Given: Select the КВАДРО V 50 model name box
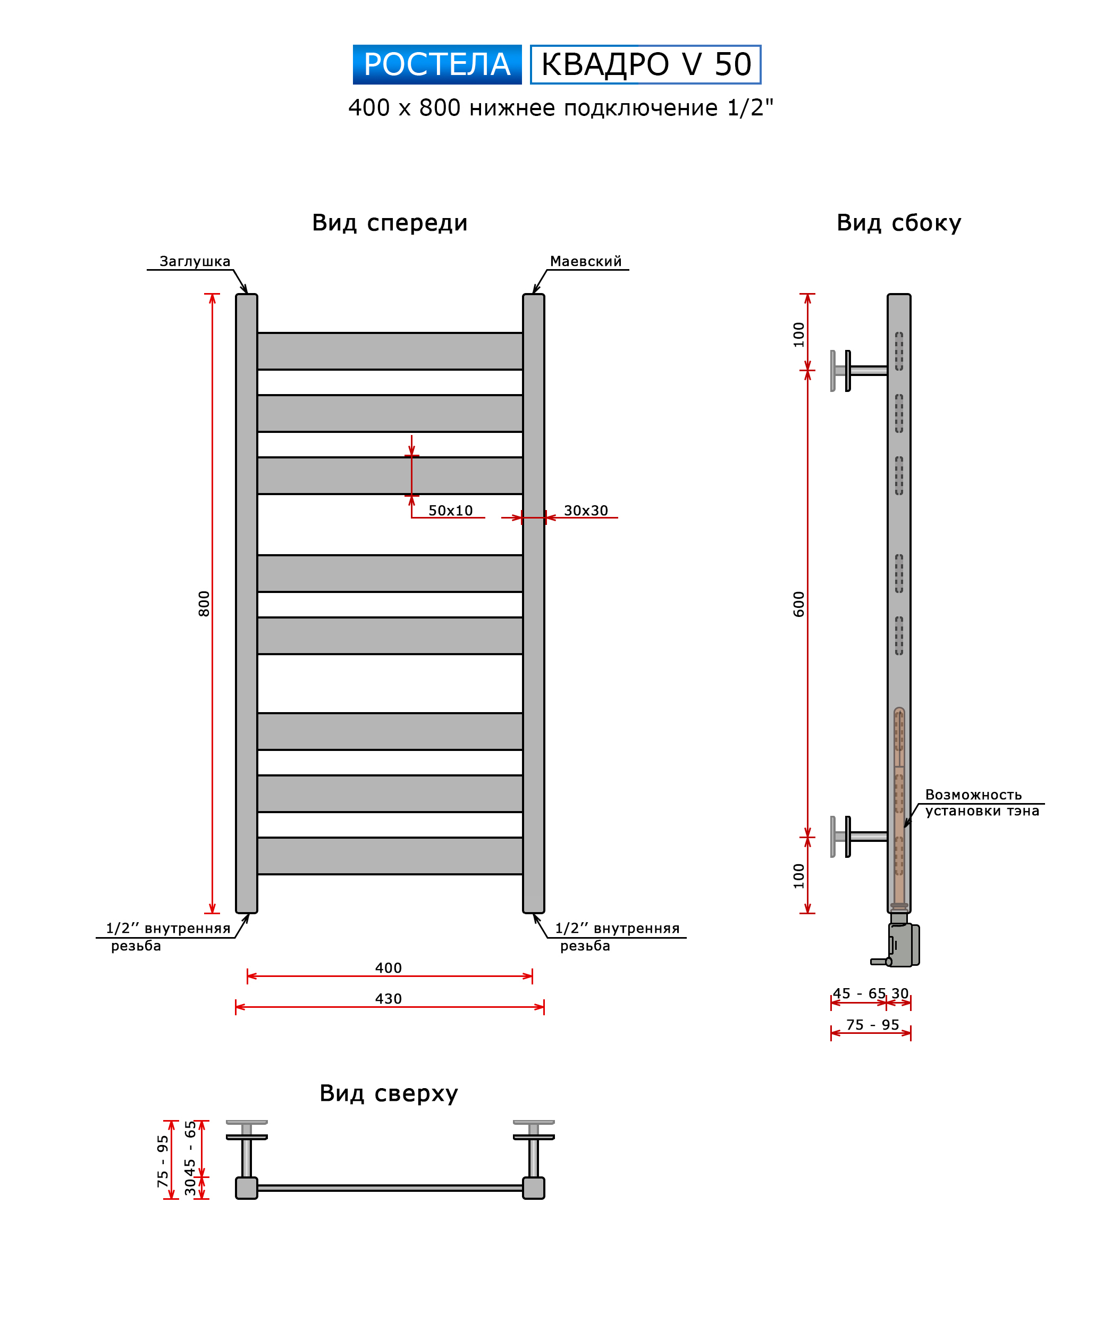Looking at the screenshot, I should (x=645, y=64).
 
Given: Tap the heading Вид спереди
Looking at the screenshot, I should (x=390, y=223).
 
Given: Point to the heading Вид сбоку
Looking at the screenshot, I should (x=898, y=223).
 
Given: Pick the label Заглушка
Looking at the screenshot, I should (x=195, y=262).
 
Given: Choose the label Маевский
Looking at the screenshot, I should (x=586, y=262).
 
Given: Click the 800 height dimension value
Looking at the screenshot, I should (x=204, y=604).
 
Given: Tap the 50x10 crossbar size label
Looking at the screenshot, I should (x=450, y=511).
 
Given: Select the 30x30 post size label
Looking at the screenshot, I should (x=586, y=511).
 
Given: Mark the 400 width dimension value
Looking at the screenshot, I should (x=388, y=967).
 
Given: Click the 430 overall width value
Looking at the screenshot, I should (x=388, y=998).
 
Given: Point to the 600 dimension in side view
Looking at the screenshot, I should (x=798, y=604).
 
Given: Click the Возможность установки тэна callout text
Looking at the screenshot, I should (x=982, y=803).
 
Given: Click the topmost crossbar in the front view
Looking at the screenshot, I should (x=390, y=351).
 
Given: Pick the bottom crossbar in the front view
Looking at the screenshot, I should (x=390, y=856).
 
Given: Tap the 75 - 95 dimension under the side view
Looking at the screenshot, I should (x=872, y=1025).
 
